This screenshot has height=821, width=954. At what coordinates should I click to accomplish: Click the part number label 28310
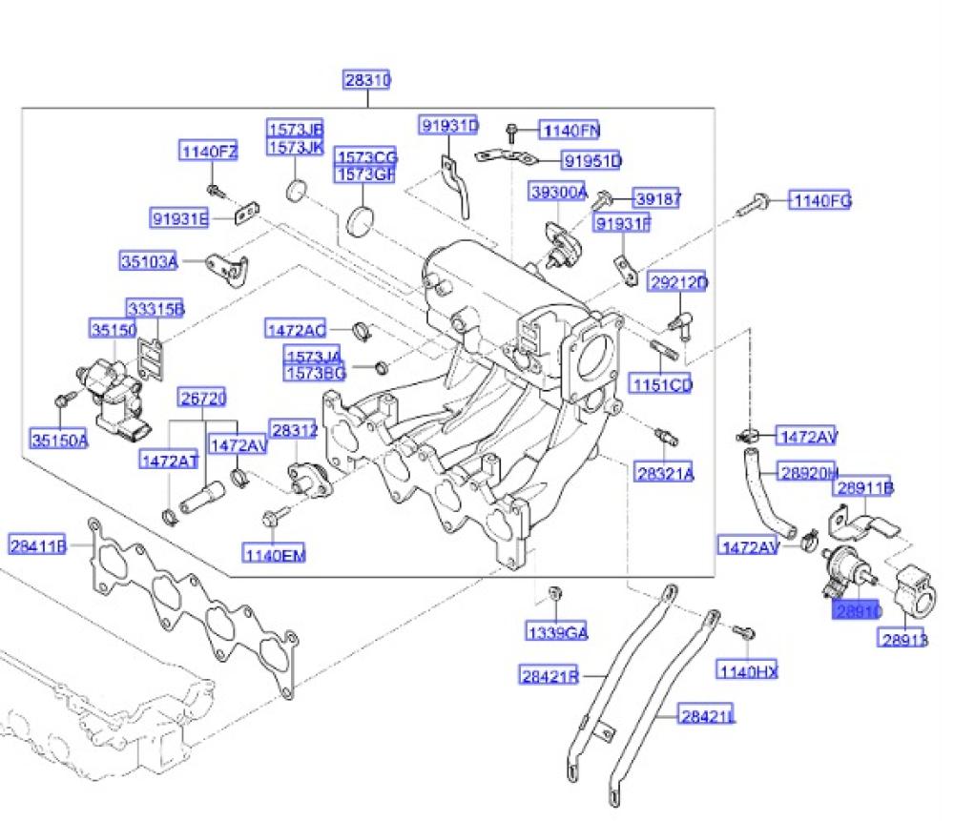coord(367,80)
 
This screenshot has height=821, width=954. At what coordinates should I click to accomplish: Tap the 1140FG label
coord(819,200)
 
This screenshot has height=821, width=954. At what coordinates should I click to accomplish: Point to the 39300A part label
coord(559,192)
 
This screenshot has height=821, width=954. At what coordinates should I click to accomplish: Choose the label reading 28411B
coord(38,546)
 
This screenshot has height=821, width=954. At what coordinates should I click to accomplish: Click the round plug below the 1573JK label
coord(298,189)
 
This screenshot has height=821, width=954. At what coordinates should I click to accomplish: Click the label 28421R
coord(550,677)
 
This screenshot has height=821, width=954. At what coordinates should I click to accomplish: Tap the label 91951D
coord(591,161)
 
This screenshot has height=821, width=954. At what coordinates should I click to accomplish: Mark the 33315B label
coord(156,308)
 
